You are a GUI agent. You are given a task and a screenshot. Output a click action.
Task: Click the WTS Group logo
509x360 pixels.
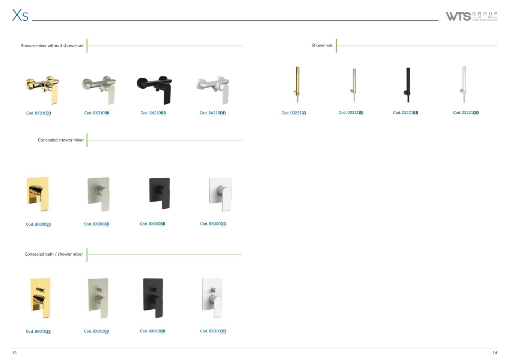(471, 17)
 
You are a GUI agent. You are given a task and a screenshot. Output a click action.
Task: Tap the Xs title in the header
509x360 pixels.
(20, 15)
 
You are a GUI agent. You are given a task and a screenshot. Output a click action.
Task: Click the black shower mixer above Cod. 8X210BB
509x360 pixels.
(154, 90)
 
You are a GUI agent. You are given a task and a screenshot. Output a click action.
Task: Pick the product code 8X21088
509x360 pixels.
(96, 113)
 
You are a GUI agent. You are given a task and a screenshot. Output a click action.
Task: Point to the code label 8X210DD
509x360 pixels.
(213, 113)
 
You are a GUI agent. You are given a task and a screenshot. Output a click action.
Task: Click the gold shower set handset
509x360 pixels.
(297, 84)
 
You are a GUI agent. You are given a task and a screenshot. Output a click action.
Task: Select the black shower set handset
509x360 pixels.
(408, 85)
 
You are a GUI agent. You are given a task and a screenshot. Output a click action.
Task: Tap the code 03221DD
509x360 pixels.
(466, 113)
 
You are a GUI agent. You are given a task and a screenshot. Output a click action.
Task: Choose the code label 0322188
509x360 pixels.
(351, 113)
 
